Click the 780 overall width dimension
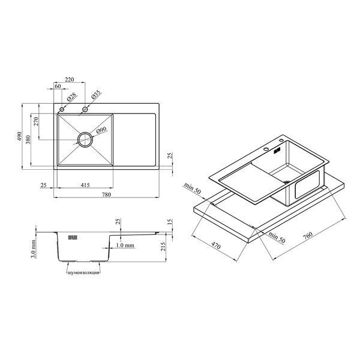[x=106, y=194]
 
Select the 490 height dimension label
[x=20, y=136]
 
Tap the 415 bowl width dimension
[x=85, y=185]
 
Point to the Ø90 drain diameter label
[x=101, y=130]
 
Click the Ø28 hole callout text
[x=71, y=97]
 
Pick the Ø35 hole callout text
[x=96, y=95]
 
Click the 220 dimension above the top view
[x=70, y=79]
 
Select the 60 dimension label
[x=58, y=86]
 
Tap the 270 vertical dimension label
[x=36, y=121]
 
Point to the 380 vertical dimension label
[x=28, y=140]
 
